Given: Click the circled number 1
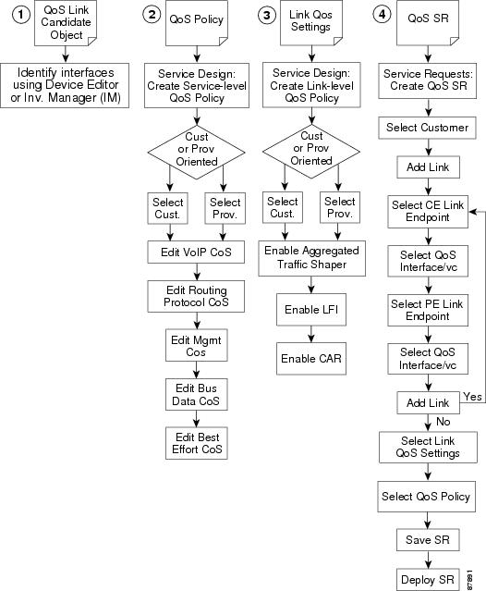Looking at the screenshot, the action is [x=21, y=15].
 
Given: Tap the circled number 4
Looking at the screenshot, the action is [x=383, y=14].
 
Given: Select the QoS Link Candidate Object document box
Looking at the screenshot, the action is [x=66, y=23].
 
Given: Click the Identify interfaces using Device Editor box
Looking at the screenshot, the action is [x=65, y=85].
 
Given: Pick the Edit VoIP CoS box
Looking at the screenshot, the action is [x=196, y=252].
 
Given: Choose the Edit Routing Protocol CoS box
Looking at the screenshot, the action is [x=196, y=296].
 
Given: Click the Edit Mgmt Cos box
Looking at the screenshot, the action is [x=196, y=346].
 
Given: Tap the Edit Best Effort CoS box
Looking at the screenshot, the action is [x=196, y=443].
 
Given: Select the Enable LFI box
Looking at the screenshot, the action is [x=311, y=310].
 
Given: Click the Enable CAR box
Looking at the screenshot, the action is [x=311, y=359].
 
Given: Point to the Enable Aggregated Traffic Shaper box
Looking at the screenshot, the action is [x=311, y=258].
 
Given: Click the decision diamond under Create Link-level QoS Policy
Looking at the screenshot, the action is [x=311, y=152].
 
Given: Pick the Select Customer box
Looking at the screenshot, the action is [x=427, y=128].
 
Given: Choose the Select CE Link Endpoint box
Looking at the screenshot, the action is [x=428, y=212].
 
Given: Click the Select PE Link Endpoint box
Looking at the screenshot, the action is [x=428, y=310].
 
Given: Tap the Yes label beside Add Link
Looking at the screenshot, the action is [x=472, y=397].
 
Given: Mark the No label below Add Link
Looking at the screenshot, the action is [x=443, y=422].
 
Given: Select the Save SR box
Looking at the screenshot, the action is [x=428, y=540].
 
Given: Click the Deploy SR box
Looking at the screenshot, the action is [x=428, y=579].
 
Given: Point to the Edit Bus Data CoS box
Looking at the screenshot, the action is [x=196, y=394].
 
